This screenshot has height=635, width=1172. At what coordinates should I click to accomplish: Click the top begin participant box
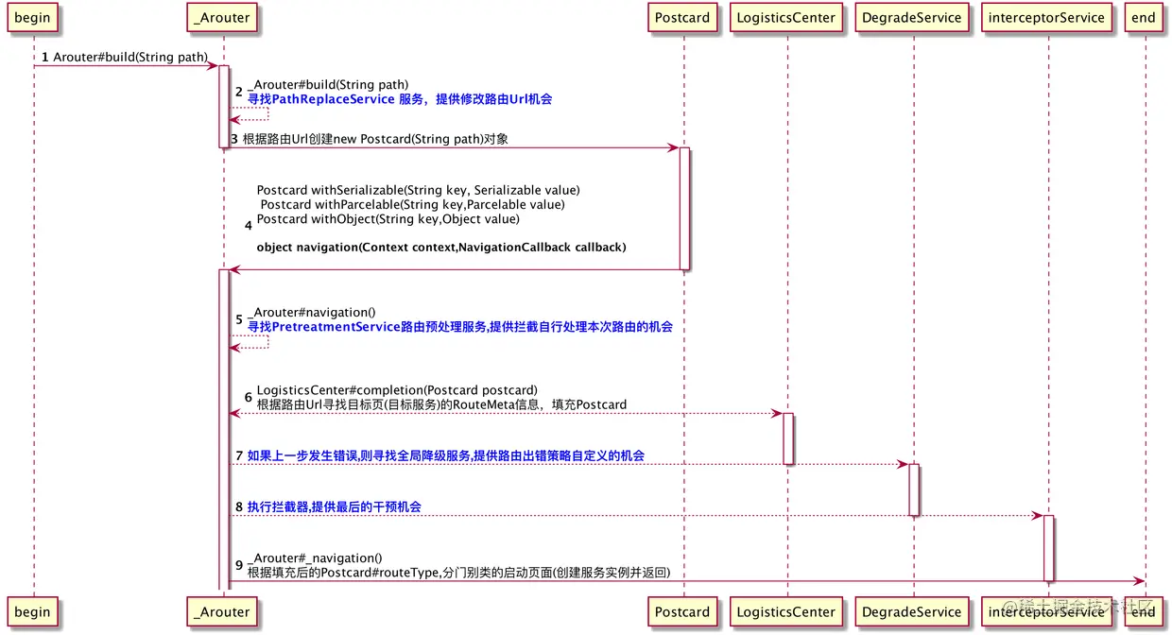click(x=32, y=18)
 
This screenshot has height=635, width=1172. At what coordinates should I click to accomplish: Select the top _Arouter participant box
click(x=223, y=18)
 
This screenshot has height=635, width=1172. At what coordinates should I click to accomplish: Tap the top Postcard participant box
click(x=681, y=18)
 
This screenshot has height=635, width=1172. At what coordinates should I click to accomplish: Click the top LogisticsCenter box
click(x=785, y=18)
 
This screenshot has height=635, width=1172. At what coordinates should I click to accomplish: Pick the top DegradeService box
click(x=912, y=18)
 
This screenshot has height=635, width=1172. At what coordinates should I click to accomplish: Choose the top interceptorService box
click(x=1045, y=18)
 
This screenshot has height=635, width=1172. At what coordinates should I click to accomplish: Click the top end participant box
click(x=1143, y=18)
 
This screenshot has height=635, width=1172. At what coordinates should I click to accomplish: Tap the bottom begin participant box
click(x=32, y=611)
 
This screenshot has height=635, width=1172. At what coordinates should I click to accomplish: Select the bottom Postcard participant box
click(x=681, y=611)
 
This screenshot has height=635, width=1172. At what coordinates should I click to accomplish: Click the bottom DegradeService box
click(x=912, y=611)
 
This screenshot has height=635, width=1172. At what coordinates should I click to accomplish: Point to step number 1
click(x=44, y=58)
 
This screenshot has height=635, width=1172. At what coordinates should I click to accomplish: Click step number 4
click(x=249, y=225)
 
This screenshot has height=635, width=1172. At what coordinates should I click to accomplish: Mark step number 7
click(x=239, y=456)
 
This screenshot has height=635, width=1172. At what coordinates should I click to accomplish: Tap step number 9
click(x=239, y=565)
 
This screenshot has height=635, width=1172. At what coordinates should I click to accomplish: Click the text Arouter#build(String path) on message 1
click(x=129, y=58)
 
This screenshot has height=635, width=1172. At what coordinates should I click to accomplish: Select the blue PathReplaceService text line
click(x=400, y=99)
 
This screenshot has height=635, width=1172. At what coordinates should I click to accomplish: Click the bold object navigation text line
click(x=441, y=248)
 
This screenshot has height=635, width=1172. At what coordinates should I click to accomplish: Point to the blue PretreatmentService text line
click(x=460, y=327)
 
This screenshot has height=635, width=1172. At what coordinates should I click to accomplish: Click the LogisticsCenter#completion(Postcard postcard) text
click(x=397, y=390)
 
